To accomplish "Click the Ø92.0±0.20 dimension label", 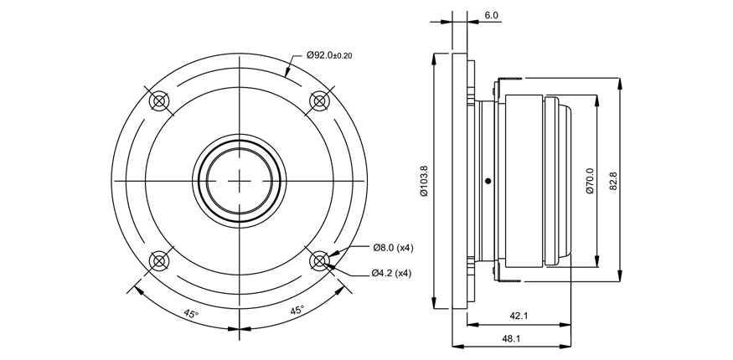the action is [x=329, y=55].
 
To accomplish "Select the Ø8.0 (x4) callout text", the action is [x=393, y=248].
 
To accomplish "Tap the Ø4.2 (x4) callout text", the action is [x=391, y=274].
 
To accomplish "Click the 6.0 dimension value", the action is [x=491, y=15].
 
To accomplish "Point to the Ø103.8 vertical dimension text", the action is [x=424, y=181].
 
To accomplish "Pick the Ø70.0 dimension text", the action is [x=590, y=181].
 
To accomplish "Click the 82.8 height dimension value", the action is [x=613, y=181].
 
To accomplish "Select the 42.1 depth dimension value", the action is [x=519, y=316].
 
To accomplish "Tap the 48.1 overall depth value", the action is [x=511, y=338].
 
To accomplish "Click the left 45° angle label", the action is [x=191, y=313].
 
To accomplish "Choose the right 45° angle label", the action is [x=297, y=311].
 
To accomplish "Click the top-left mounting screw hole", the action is [x=159, y=100].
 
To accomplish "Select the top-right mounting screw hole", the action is [x=320, y=100].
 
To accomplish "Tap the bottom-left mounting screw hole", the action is [x=159, y=260].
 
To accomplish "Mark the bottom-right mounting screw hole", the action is [x=320, y=260].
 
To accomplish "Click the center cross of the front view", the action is [x=240, y=181].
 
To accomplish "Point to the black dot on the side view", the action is [x=488, y=181].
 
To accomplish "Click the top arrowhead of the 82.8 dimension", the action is [x=620, y=84].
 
